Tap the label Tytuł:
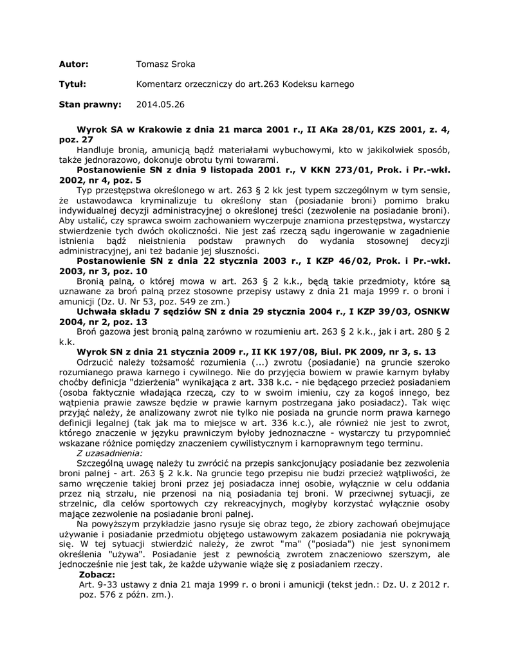[x=72, y=84]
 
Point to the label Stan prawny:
[x=89, y=103]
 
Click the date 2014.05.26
[x=160, y=103]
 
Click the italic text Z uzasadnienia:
[x=109, y=453]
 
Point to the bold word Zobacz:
[x=97, y=574]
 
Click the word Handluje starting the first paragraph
[x=96, y=149]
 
